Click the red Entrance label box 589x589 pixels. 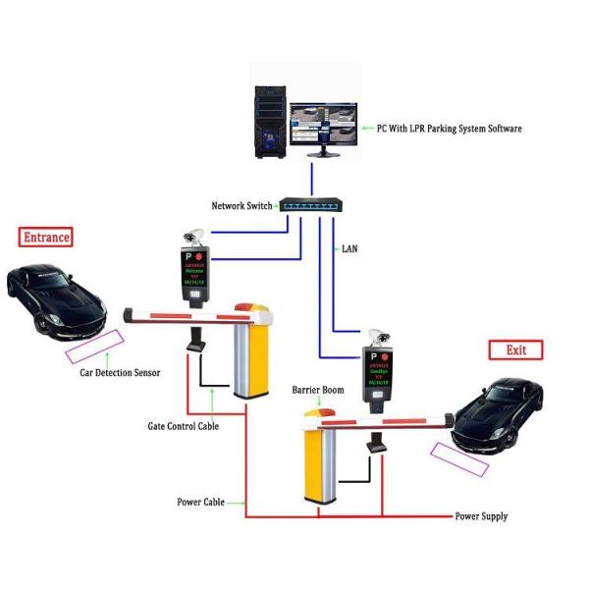pos(46,237)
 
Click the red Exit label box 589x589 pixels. pos(515,349)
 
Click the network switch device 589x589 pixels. pos(310,205)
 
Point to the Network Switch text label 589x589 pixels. pos(242,206)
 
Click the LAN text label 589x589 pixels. pos(349,249)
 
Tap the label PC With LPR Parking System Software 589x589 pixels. pos(450,129)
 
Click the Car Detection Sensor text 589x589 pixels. pos(120,373)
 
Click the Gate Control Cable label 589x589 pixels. pos(183,426)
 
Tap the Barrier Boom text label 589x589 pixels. pos(318,390)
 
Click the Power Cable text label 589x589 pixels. pos(200,502)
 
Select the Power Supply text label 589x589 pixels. pos(481,516)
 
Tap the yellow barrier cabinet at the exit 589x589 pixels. pos(322,466)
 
